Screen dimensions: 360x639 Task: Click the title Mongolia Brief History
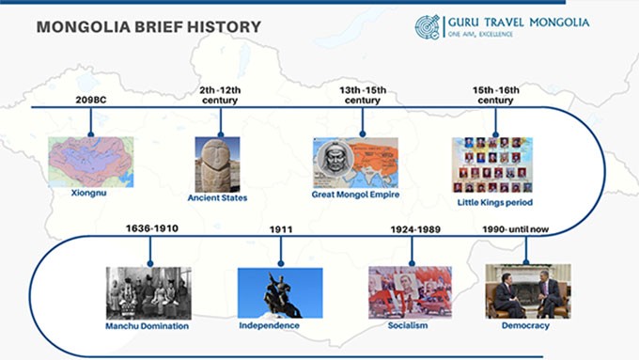[148, 27]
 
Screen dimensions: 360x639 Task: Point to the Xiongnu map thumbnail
[91, 162]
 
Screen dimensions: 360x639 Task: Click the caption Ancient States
[217, 198]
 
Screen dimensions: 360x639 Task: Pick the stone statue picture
[217, 164]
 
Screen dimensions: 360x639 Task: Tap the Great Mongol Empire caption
[355, 195]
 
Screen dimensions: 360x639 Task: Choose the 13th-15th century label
[362, 95]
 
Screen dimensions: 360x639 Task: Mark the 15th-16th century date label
[495, 95]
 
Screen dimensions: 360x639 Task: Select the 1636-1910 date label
[151, 228]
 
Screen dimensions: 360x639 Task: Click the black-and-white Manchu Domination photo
[148, 292]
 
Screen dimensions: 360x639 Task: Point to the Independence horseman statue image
[279, 292]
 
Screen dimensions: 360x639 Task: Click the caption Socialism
[408, 325]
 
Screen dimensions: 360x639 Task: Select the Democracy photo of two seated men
[527, 290]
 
